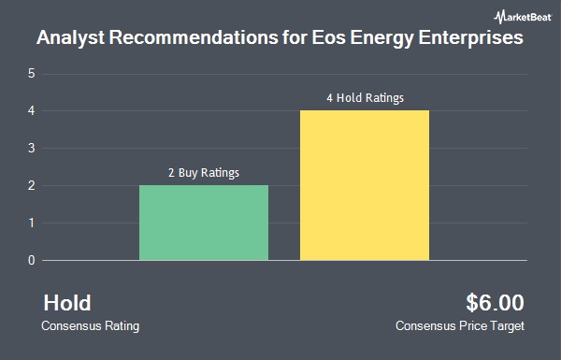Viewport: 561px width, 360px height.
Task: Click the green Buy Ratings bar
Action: point(204,223)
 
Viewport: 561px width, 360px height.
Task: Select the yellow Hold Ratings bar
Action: point(365,185)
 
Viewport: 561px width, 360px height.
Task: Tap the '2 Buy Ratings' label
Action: point(204,173)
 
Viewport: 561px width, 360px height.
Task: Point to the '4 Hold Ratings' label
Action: point(365,97)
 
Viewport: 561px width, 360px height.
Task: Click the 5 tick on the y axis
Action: point(32,74)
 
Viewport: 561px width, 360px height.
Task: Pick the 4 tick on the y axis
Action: point(32,111)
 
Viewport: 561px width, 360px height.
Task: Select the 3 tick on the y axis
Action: point(32,148)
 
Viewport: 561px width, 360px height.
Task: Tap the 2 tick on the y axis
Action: point(32,186)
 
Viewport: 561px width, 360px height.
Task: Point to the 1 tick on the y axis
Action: point(32,223)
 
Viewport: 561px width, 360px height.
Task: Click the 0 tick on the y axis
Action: point(32,260)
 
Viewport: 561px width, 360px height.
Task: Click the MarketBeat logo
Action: point(523,17)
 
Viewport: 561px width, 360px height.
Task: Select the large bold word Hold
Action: point(67,303)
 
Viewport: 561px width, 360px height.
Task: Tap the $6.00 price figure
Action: point(495,303)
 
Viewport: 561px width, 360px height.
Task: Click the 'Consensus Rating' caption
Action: point(90,326)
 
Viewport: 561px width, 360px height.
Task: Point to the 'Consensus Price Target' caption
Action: point(460,326)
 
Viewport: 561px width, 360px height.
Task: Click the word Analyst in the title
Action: point(71,38)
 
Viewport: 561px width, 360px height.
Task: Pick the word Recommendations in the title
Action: point(194,36)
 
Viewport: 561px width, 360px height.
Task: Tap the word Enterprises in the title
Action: point(471,38)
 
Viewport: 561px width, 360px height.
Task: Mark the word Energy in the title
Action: point(381,38)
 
